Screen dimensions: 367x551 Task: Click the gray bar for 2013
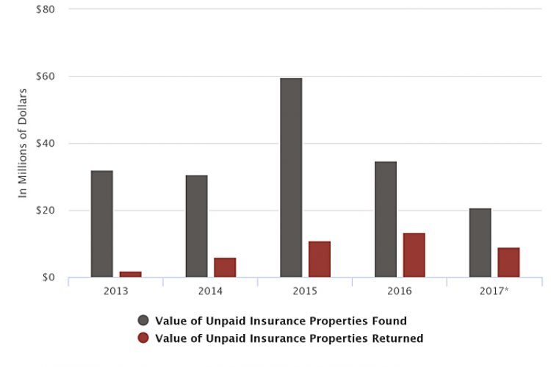(102, 224)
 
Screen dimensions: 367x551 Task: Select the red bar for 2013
(130, 274)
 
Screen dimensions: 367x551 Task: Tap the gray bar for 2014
(196, 226)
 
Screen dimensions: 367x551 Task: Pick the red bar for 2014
(225, 267)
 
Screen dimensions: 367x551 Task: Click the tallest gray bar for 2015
(291, 178)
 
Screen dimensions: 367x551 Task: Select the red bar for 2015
(320, 259)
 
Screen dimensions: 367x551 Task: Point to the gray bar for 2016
(386, 219)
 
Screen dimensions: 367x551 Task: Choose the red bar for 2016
(414, 255)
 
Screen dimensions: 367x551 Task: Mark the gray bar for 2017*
(480, 243)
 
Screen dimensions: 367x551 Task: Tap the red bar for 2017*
(508, 262)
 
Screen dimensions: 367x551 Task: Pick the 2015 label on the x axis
(305, 291)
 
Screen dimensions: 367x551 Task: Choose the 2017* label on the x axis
(494, 291)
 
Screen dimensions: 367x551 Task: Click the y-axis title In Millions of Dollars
(23, 143)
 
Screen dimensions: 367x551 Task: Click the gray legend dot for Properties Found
(143, 321)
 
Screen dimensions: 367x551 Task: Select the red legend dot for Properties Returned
(143, 338)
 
